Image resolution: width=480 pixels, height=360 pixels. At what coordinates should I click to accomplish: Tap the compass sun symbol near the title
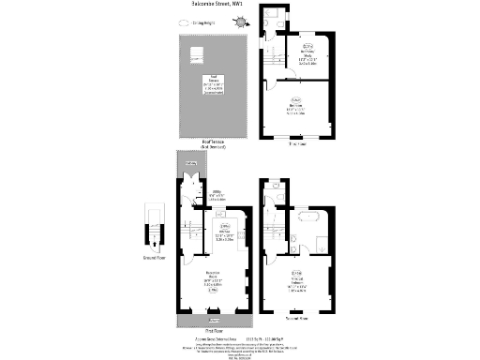tap(241, 21)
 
